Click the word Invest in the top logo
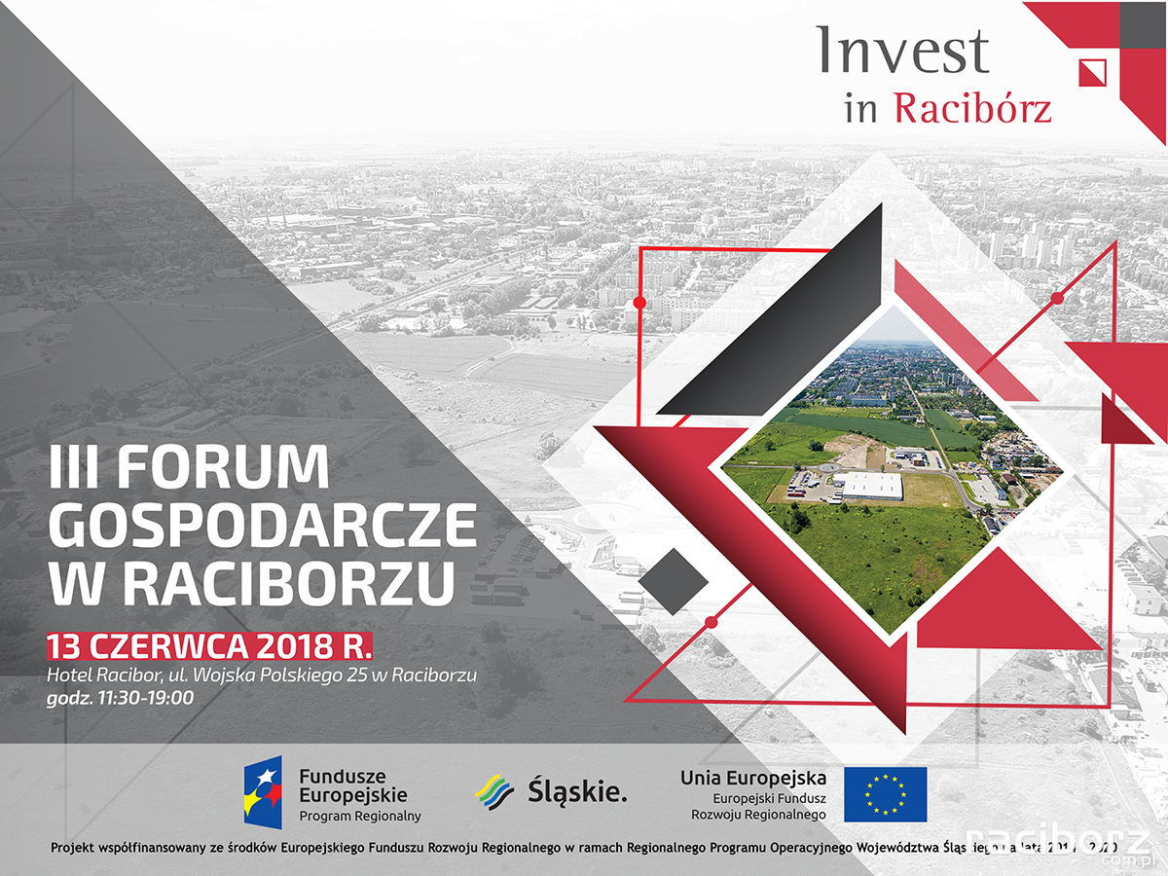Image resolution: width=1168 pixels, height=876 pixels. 902,51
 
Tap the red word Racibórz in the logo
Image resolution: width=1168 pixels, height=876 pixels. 972,108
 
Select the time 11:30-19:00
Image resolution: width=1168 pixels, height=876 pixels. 145,697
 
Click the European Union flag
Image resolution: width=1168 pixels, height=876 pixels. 885,794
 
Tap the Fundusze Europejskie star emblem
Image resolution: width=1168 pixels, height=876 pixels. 263,792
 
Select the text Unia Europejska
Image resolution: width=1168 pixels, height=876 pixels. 753,778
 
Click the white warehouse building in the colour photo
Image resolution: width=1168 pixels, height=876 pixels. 872,485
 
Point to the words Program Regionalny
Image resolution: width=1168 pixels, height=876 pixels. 359,816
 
